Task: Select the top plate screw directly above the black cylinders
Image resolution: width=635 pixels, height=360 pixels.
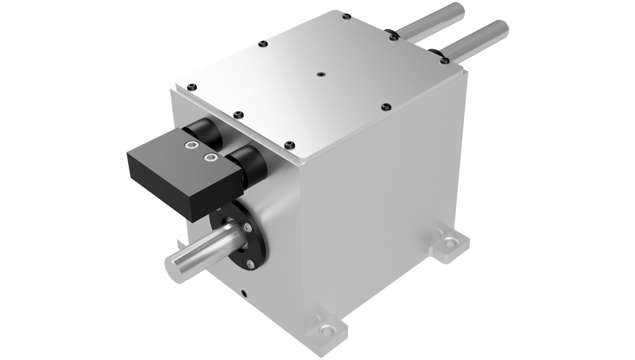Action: click(x=238, y=114)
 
